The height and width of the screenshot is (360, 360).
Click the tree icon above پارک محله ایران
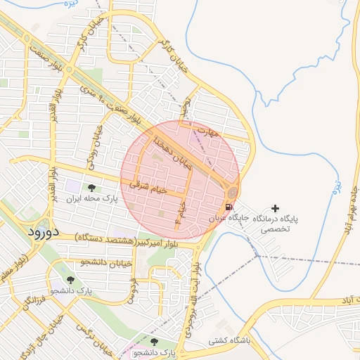(91, 188)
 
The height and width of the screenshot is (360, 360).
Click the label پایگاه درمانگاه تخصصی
(275, 224)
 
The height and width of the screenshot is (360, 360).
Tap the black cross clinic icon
(275, 209)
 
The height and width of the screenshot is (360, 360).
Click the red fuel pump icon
(229, 207)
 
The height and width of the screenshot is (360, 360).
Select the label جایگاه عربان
(229, 219)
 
